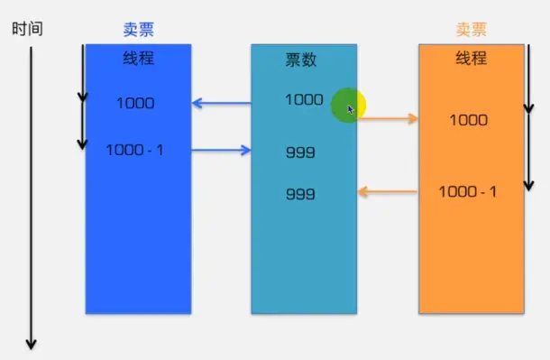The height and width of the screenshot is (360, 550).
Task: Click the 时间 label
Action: pyautogui.click(x=27, y=29)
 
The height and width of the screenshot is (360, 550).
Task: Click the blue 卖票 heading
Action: pyautogui.click(x=139, y=29)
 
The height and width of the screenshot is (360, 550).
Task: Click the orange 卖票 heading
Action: pyautogui.click(x=471, y=29)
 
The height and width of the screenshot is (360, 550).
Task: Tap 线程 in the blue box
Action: pyautogui.click(x=139, y=59)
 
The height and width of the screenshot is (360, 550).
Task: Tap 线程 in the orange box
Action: pyautogui.click(x=471, y=59)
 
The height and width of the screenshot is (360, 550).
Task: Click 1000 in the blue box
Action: pyautogui.click(x=135, y=103)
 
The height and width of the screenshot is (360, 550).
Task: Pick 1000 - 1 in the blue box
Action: pyautogui.click(x=134, y=149)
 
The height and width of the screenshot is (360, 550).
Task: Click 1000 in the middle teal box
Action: pyautogui.click(x=304, y=100)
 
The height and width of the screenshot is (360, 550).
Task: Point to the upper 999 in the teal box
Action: pyautogui.click(x=300, y=152)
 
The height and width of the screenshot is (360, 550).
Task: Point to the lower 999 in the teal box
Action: pyautogui.click(x=300, y=194)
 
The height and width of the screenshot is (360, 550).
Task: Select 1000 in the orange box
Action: pyautogui.click(x=468, y=120)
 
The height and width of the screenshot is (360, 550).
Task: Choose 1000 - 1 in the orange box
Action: pyautogui.click(x=468, y=191)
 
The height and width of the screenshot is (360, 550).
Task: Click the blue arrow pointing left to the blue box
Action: pyautogui.click(x=222, y=104)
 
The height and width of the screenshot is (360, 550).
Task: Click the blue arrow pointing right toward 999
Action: pyautogui.click(x=222, y=150)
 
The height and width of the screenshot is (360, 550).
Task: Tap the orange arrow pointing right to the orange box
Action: pyautogui.click(x=389, y=118)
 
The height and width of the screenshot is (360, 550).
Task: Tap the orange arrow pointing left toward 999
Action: pyautogui.click(x=389, y=191)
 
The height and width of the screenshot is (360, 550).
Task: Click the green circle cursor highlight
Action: pyautogui.click(x=346, y=106)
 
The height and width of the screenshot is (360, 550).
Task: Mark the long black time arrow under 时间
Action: pyautogui.click(x=32, y=198)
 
